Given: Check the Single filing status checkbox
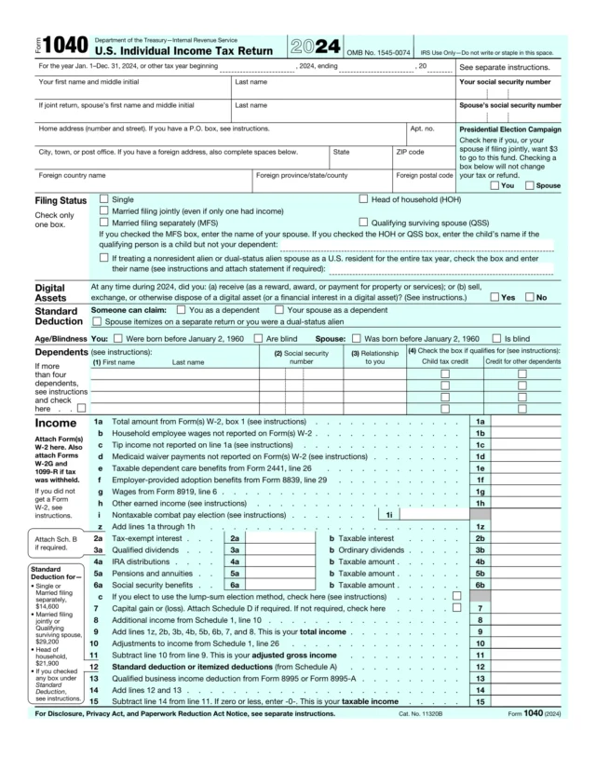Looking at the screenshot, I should click(103, 199).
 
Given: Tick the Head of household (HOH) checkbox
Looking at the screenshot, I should click(363, 199).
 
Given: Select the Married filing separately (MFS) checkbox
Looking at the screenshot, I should click(103, 223).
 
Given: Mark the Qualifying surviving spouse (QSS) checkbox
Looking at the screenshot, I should click(363, 223).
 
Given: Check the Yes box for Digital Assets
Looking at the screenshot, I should click(494, 297).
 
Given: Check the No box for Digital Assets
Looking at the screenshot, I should click(530, 297).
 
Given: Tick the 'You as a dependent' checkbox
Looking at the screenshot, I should click(182, 309).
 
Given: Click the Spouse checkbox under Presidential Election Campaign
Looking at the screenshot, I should click(530, 185).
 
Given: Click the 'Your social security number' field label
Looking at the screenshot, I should click(509, 82).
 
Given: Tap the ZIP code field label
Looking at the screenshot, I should click(410, 151).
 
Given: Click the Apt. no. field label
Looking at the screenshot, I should click(422, 128).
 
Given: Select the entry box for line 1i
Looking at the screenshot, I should click(433, 514).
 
